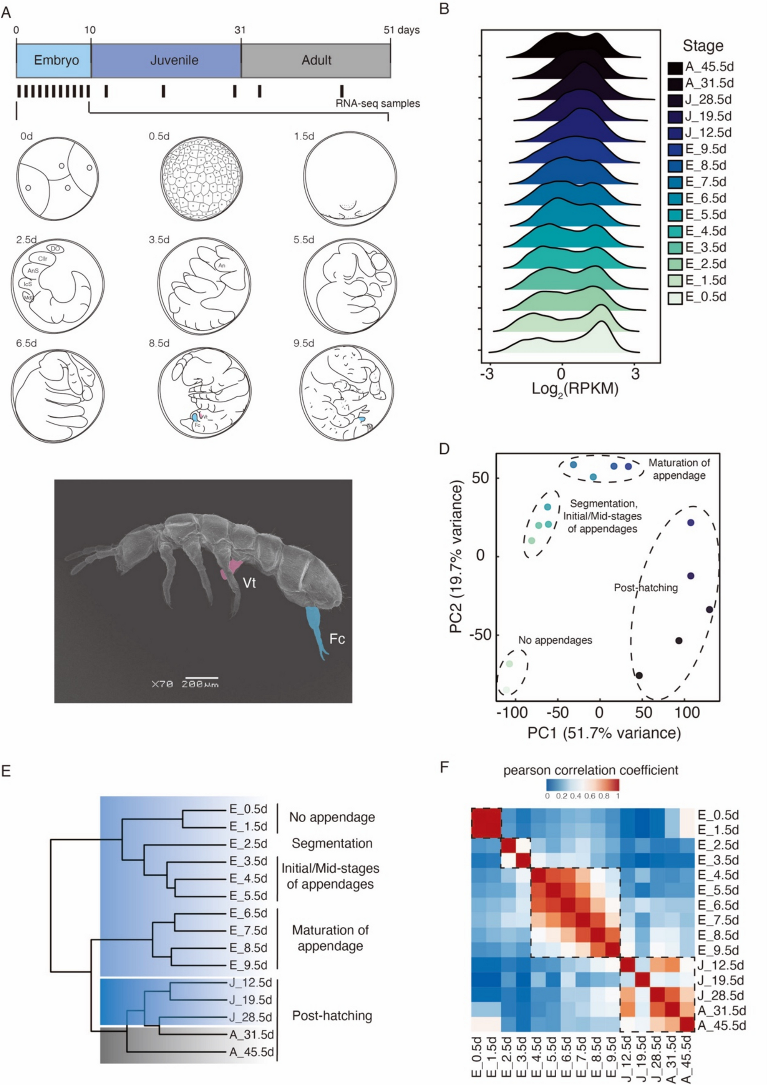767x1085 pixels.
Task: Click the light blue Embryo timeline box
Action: tap(54, 60)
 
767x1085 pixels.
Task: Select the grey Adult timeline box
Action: tap(315, 60)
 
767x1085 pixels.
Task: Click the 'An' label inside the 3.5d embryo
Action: tap(221, 265)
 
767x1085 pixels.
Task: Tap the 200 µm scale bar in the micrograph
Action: tap(201, 678)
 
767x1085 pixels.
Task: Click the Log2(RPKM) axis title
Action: tap(575, 390)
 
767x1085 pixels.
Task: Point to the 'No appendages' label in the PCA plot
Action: tap(555, 640)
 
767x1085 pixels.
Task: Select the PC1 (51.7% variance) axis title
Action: tap(604, 733)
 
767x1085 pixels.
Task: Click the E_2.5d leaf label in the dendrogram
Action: tap(248, 843)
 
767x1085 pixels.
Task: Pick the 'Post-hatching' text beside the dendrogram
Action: tap(332, 1015)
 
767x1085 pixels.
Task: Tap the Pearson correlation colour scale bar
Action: tap(582, 785)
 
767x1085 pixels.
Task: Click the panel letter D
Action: tap(444, 449)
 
